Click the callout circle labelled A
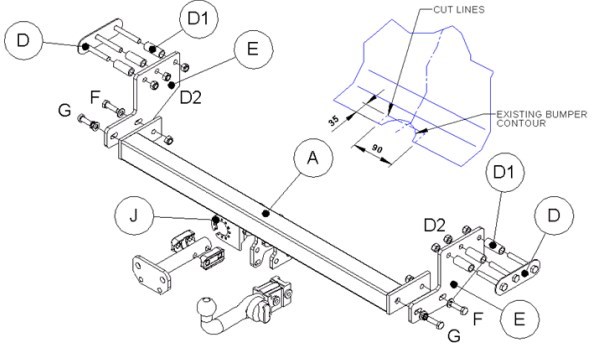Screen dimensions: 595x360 coord(313,157)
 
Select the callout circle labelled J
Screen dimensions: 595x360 coord(134,216)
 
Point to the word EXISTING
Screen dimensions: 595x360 coord(519,114)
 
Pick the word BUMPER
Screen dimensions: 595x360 coord(566,114)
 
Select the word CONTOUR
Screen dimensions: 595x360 coord(521,123)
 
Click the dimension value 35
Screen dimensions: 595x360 coord(334,121)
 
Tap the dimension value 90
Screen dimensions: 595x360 coord(376,149)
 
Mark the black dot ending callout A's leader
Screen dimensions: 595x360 coord(266,214)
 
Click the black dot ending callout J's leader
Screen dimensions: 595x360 coord(216,220)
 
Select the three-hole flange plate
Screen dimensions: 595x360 coord(151,275)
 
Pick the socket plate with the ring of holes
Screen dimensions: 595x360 coord(225,232)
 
